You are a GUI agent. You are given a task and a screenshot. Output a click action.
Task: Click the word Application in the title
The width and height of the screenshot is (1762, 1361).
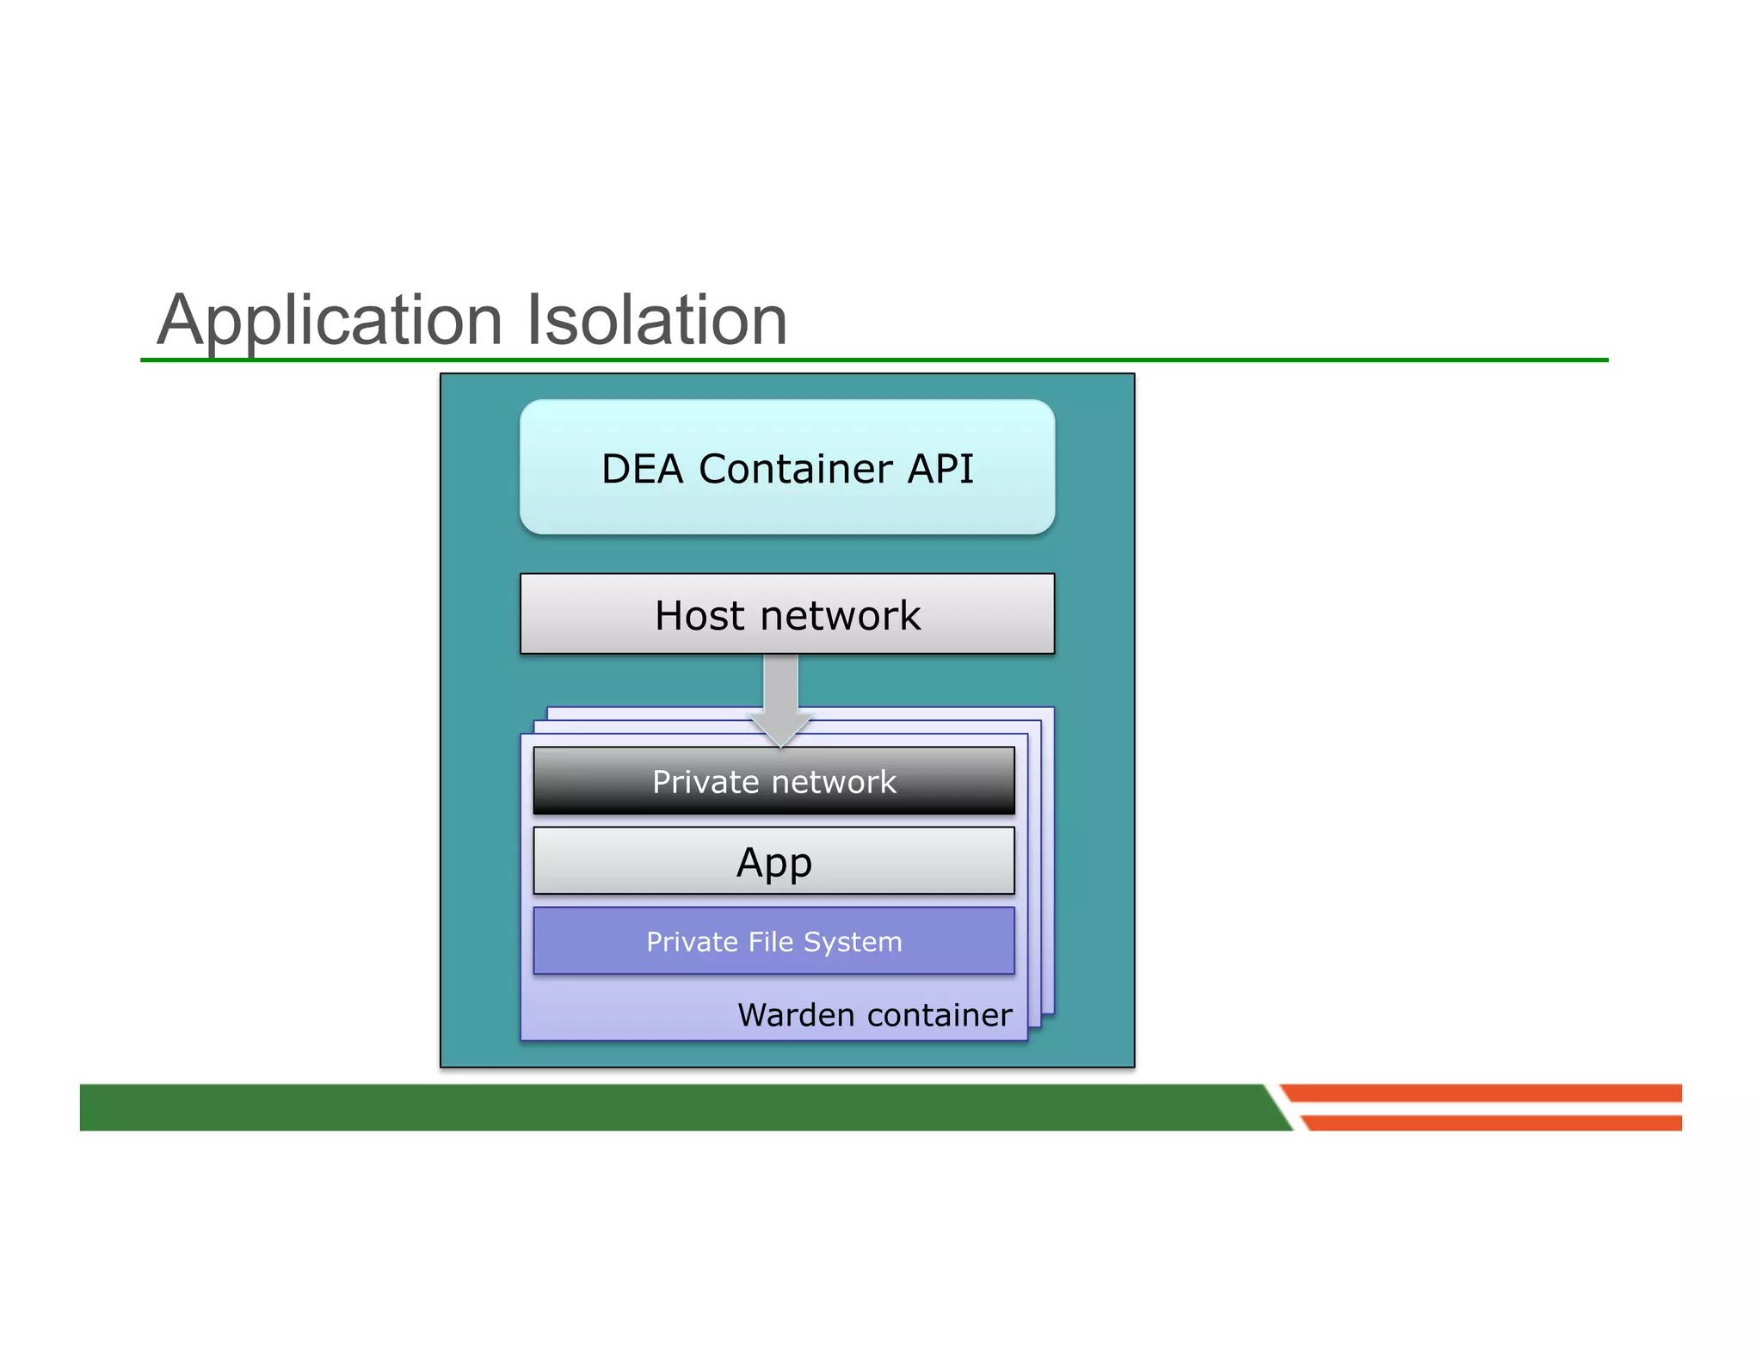point(330,321)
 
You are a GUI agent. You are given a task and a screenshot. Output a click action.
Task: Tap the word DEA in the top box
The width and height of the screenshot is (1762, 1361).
point(642,470)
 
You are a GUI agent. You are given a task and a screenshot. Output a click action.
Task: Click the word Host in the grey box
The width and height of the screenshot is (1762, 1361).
point(699,616)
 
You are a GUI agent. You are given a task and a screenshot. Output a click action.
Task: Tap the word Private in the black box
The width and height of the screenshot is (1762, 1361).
point(705,782)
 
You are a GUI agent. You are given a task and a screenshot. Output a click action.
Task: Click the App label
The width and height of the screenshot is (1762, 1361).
point(773,862)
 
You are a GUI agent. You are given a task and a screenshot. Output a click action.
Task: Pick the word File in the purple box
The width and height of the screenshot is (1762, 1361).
point(771,942)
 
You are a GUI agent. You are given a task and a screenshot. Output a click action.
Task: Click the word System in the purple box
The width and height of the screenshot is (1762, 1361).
point(853,942)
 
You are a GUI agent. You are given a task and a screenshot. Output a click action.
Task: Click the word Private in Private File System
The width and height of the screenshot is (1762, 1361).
point(693,942)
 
